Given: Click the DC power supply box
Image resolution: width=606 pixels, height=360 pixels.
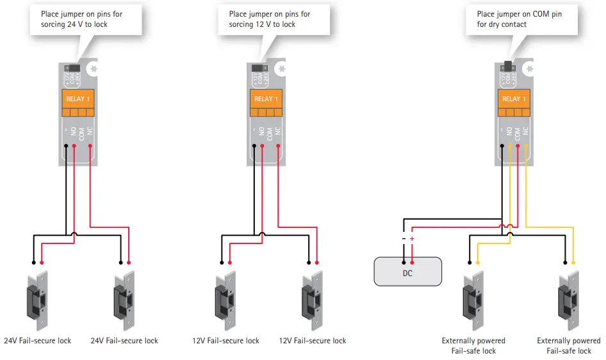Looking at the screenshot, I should (407, 271).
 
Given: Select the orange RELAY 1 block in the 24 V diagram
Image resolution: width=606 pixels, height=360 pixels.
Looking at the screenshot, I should (79, 99).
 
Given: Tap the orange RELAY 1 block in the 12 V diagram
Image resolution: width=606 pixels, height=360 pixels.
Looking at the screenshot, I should (266, 99).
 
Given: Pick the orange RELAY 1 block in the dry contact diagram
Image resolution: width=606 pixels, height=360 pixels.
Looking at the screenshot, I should (514, 99).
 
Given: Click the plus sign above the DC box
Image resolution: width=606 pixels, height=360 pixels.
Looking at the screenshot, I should (412, 240).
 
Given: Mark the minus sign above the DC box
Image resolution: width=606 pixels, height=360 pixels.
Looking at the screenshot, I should (404, 240).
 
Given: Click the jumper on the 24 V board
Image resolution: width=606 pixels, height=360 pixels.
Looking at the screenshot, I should (74, 68).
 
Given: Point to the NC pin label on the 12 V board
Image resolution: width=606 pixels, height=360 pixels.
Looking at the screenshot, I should (278, 132).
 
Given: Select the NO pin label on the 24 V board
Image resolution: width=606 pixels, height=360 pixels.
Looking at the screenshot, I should (74, 132).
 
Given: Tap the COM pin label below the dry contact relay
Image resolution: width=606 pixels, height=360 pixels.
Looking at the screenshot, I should (518, 133).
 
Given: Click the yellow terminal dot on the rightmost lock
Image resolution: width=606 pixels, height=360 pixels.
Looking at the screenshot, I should (573, 262).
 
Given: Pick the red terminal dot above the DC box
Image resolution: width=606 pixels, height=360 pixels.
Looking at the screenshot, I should (412, 262).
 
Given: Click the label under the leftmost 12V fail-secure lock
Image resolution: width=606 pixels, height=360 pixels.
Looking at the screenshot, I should (225, 341).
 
